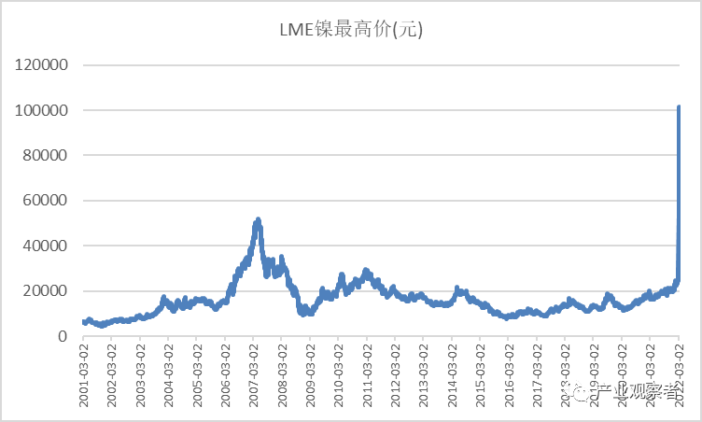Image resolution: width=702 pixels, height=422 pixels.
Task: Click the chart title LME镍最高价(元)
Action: (350, 30)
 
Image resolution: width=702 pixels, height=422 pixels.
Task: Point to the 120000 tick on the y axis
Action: (40, 66)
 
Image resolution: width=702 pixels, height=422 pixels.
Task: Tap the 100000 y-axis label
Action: (40, 111)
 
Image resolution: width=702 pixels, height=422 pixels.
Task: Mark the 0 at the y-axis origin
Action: (62, 336)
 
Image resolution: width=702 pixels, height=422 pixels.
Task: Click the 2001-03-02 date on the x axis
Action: (83, 374)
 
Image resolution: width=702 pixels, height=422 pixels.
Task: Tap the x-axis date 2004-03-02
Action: (169, 374)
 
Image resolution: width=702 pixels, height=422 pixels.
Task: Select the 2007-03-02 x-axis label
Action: (254, 374)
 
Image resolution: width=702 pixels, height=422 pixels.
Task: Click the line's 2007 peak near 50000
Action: (258, 220)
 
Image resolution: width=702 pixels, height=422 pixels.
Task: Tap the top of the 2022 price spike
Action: (679, 107)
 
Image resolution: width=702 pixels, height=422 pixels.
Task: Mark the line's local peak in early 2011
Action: (366, 271)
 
